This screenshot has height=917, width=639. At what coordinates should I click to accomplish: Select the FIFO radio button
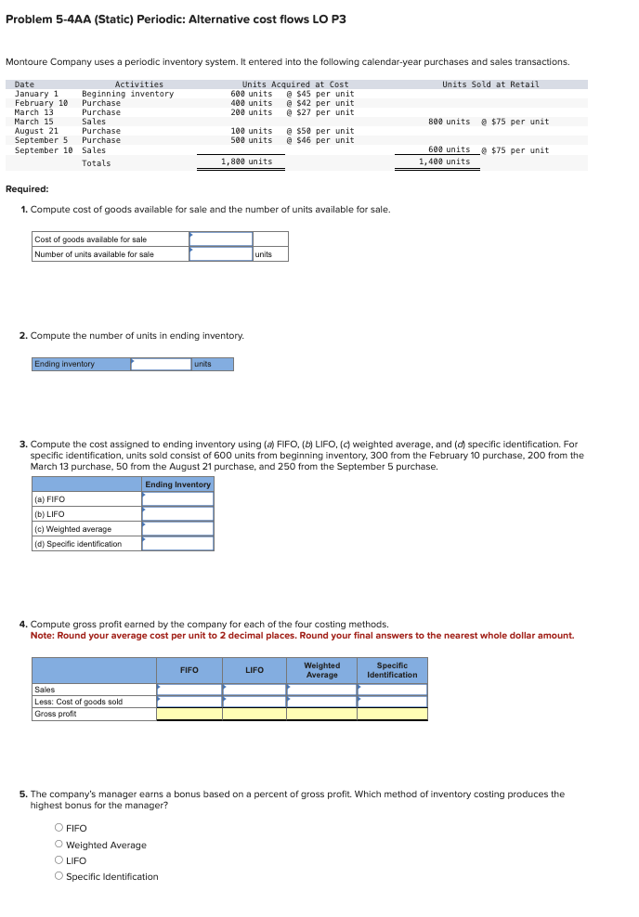[59, 828]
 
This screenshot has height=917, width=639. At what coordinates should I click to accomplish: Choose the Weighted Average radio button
[59, 845]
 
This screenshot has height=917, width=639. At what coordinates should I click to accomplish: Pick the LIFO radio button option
[59, 860]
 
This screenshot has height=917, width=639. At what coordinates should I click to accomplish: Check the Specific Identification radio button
[59, 876]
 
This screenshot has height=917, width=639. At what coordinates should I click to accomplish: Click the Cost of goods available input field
[221, 239]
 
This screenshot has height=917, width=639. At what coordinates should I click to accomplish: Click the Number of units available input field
[221, 254]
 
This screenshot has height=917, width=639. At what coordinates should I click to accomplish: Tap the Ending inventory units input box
[161, 364]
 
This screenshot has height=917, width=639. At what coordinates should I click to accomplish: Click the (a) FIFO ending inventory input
[178, 499]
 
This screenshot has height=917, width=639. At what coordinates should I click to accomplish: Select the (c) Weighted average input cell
[178, 529]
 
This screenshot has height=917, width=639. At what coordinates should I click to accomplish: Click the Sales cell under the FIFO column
[189, 690]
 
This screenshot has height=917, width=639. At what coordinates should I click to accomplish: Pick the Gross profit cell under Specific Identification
[392, 714]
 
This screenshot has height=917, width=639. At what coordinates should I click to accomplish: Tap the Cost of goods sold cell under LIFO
[254, 702]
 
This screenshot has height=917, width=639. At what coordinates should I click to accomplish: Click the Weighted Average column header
[322, 670]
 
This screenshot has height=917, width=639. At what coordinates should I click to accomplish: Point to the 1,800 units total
[246, 162]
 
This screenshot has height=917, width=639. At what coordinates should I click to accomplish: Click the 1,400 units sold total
[444, 161]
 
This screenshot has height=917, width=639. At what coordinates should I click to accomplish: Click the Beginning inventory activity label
[127, 94]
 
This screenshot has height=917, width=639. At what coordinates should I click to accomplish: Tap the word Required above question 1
[27, 188]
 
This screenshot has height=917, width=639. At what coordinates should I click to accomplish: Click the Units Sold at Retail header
[490, 84]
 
